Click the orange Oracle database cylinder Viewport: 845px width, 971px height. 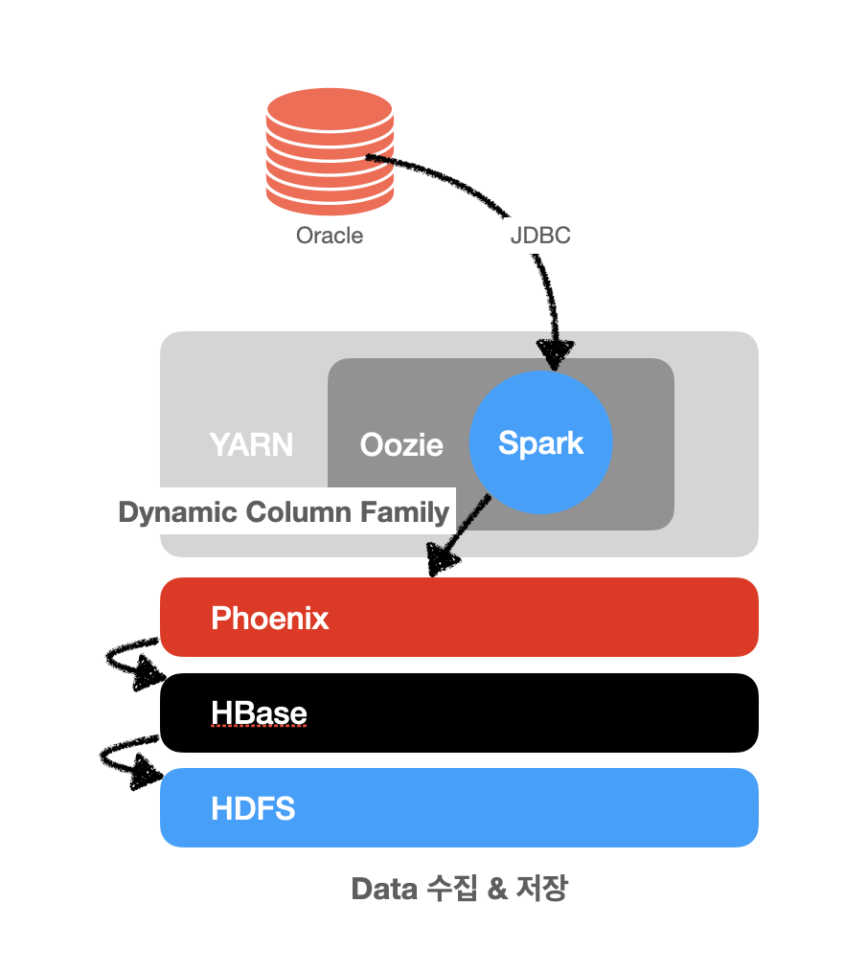[x=330, y=151]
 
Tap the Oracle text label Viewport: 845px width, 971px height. [x=330, y=236]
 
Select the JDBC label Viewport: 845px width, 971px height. [x=540, y=236]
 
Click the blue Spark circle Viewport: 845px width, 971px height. [x=541, y=442]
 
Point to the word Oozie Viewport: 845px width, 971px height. [x=401, y=445]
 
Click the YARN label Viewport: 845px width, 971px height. [x=251, y=444]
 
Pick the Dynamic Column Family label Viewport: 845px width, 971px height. [x=284, y=512]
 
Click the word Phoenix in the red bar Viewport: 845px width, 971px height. [x=269, y=618]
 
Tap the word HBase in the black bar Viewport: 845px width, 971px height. [x=259, y=712]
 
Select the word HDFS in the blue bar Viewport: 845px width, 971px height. [x=253, y=809]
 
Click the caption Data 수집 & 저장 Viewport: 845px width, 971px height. [x=459, y=889]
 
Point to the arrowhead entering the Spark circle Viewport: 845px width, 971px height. [x=555, y=354]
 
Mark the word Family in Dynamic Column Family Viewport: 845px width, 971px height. [x=404, y=512]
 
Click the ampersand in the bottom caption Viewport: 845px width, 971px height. [x=497, y=889]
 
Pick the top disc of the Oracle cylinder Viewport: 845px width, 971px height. [x=330, y=109]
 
